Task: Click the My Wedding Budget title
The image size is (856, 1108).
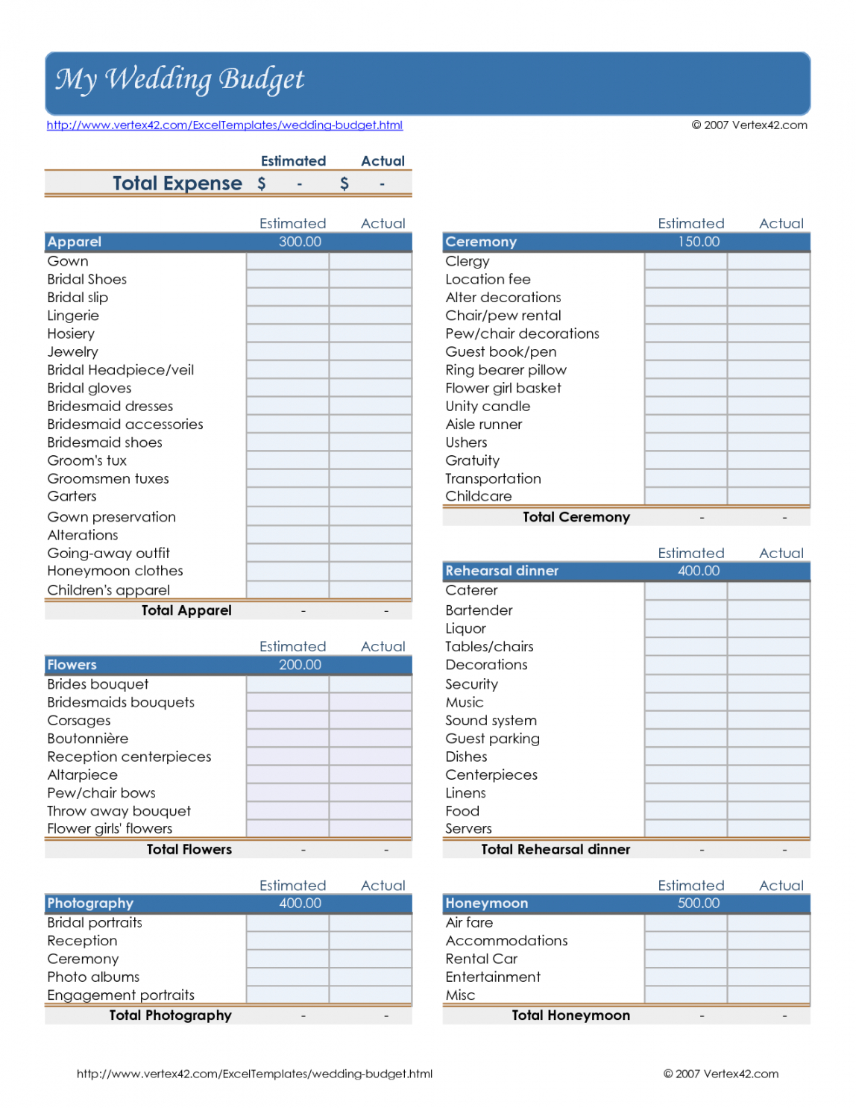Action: click(180, 79)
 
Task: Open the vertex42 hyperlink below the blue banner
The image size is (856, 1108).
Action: click(224, 125)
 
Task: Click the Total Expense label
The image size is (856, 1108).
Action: click(177, 184)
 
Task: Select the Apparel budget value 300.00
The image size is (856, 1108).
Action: click(300, 242)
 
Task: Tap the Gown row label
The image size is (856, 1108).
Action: click(68, 261)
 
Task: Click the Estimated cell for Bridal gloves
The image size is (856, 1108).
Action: click(288, 388)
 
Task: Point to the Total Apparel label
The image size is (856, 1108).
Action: click(186, 610)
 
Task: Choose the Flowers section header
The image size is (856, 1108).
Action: click(72, 665)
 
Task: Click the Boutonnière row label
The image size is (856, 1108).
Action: click(88, 739)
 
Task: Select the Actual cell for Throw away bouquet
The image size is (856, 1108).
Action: click(371, 811)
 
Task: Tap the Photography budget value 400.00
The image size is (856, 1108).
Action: click(300, 904)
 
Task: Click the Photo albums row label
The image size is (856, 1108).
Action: click(93, 977)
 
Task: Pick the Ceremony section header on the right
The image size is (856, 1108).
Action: click(481, 242)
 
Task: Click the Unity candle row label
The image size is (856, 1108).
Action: click(488, 407)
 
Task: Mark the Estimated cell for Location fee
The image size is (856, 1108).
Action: click(686, 280)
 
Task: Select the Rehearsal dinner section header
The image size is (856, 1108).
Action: click(502, 571)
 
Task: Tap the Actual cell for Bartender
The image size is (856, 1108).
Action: click(769, 610)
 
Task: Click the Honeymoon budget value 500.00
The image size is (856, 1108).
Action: click(699, 904)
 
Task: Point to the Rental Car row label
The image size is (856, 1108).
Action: click(482, 959)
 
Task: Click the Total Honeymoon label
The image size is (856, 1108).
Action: click(571, 1015)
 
